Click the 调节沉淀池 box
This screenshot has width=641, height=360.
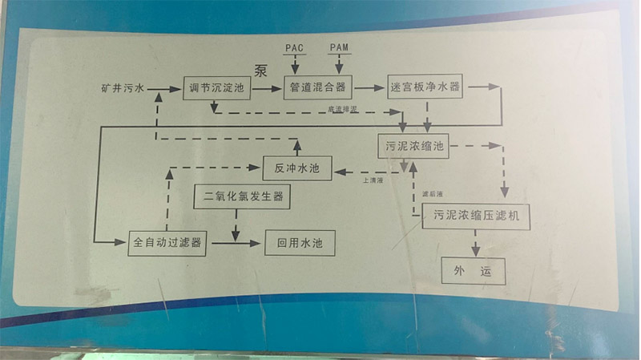217,87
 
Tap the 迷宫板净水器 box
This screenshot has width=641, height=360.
425,87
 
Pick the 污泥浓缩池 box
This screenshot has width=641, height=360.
414,147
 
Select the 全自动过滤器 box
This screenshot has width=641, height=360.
167,242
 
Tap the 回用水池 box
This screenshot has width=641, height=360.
299,242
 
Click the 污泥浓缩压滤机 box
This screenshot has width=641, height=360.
476,215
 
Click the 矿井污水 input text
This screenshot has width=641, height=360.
123,87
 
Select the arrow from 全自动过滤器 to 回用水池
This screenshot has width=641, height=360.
236,242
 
